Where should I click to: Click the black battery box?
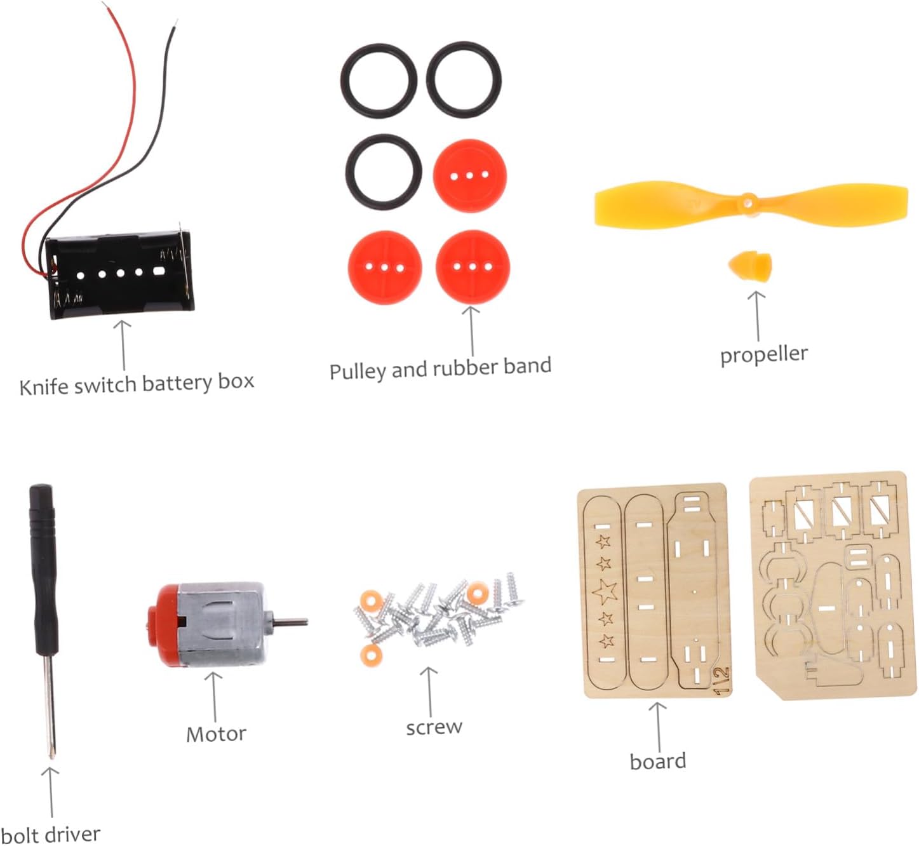[x=120, y=275]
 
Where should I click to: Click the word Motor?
[x=216, y=734]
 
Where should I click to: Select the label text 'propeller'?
[x=763, y=354]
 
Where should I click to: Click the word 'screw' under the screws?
[x=434, y=727]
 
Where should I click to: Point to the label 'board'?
[x=657, y=761]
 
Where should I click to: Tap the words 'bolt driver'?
[x=50, y=834]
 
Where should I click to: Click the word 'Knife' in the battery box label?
[x=44, y=386]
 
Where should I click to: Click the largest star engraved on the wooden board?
[x=605, y=591]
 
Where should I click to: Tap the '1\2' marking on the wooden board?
[x=721, y=681]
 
